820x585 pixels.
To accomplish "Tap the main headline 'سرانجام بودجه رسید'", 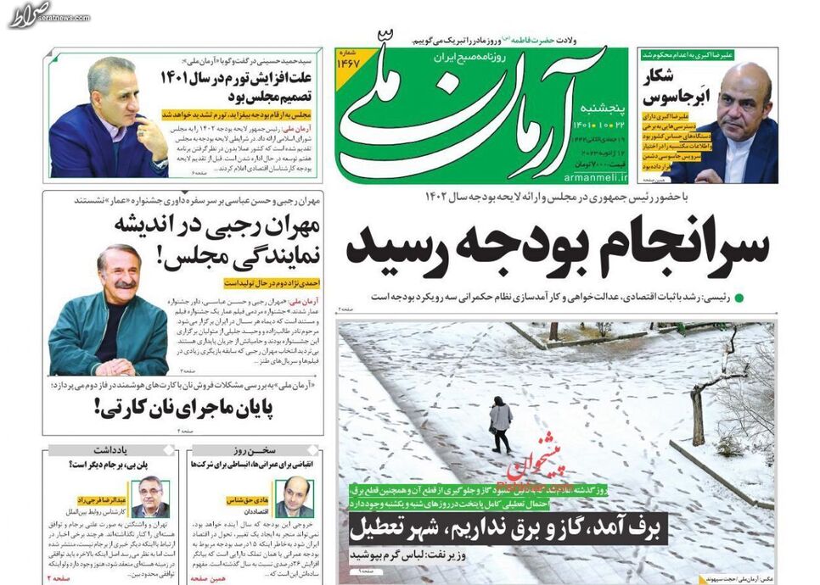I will click(x=558, y=246).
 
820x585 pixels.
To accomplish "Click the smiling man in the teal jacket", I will click(x=110, y=314).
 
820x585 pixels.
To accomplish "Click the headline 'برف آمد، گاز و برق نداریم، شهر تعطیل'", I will click(x=508, y=530).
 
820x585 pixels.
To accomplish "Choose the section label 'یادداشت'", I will click(x=114, y=449).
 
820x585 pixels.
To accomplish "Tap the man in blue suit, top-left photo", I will click(x=106, y=119).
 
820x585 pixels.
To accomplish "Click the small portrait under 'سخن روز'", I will click(x=295, y=496).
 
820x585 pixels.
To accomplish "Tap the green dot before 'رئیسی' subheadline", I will click(x=739, y=298).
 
